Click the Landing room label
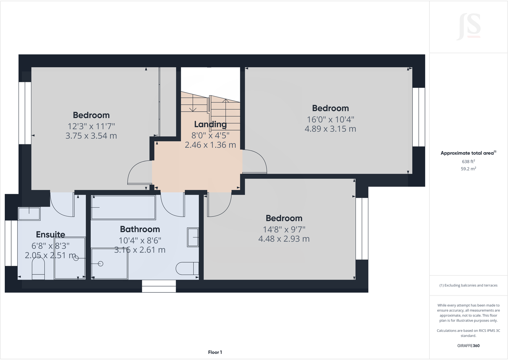pyautogui.click(x=210, y=124)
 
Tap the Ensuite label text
pyautogui.click(x=50, y=234)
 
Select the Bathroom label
pyautogui.click(x=140, y=229)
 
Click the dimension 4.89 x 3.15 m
pyautogui.click(x=330, y=129)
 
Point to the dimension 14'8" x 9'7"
pyautogui.click(x=284, y=229)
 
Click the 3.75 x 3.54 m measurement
pyautogui.click(x=91, y=136)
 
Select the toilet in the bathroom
pyautogui.click(x=188, y=268)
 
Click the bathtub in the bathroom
pyautogui.click(x=123, y=208)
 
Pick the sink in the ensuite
pyautogui.click(x=29, y=214)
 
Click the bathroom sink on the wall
pyautogui.click(x=193, y=237)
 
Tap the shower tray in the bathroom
pyautogui.click(x=109, y=264)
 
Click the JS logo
pyautogui.click(x=469, y=27)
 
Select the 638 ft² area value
pyautogui.click(x=468, y=161)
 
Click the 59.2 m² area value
pyautogui.click(x=468, y=169)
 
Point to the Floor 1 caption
pyautogui.click(x=215, y=352)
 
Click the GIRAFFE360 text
pyautogui.click(x=468, y=346)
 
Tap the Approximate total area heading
pyautogui.click(x=468, y=153)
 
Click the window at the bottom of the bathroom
pyautogui.click(x=159, y=286)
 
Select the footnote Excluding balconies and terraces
pyautogui.click(x=468, y=285)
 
